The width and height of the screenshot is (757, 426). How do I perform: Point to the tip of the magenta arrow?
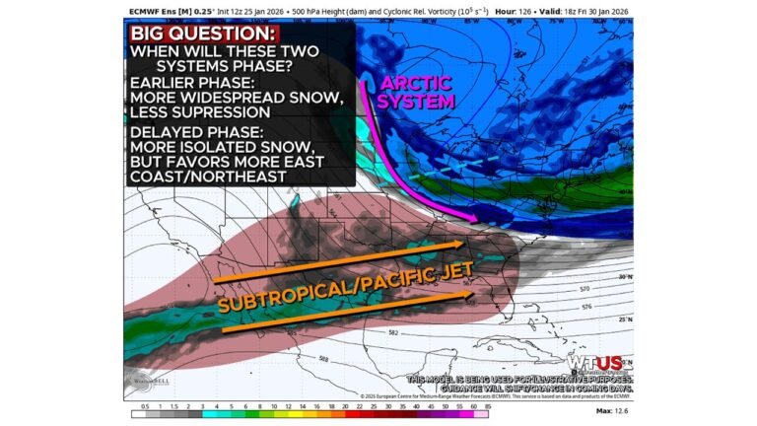click(x=480, y=219)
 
